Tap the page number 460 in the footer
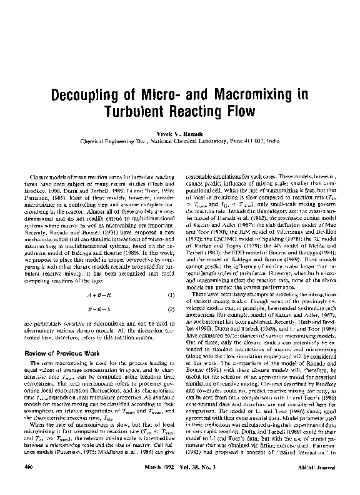[27, 483]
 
